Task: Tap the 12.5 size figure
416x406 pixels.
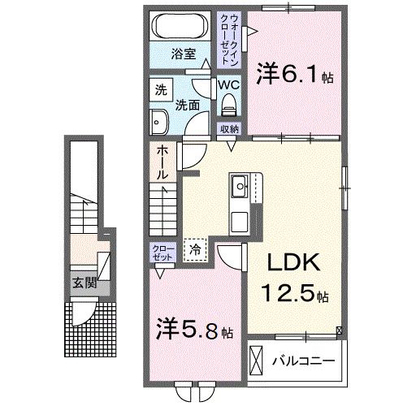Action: (291, 293)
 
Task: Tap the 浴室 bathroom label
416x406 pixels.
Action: (183, 54)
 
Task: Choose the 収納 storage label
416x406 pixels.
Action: (228, 129)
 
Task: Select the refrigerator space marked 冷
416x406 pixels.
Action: (195, 251)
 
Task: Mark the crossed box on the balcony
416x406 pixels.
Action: (258, 358)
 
